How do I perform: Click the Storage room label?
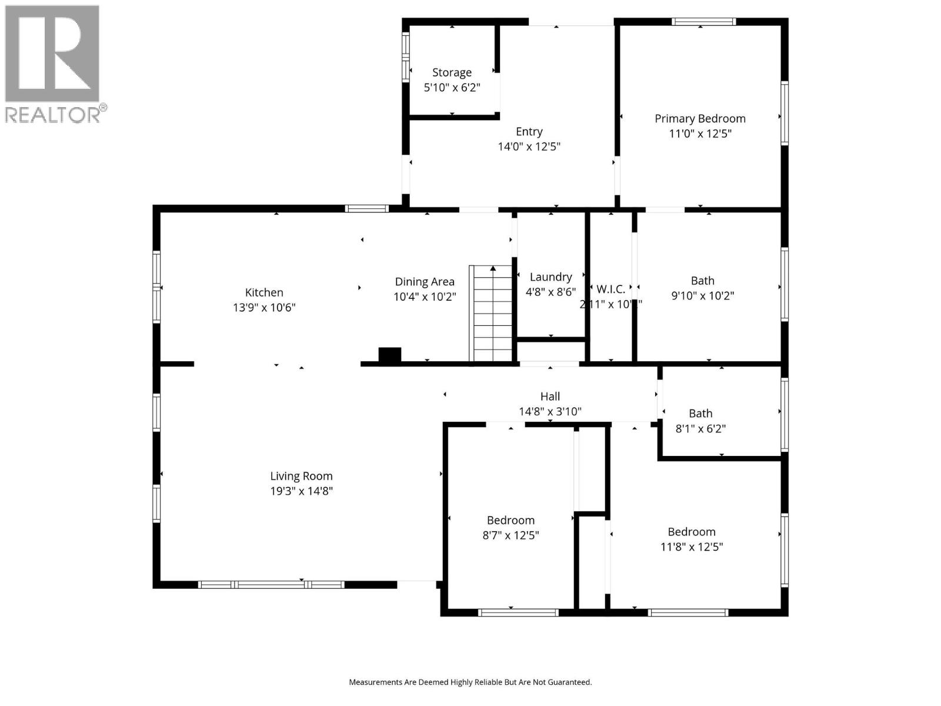pos(452,72)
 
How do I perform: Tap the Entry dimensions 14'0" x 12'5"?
pos(529,146)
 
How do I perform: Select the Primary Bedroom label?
pos(700,118)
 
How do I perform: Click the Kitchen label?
pos(264,292)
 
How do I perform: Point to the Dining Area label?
pos(424,282)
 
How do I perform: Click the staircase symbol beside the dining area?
pos(491,313)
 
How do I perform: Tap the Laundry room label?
pos(550,277)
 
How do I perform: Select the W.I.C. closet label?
pos(610,289)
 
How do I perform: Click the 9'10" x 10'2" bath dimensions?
pos(702,295)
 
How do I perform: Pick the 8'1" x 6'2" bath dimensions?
pos(700,429)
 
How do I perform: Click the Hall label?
pos(550,397)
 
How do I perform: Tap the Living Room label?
pos(301,476)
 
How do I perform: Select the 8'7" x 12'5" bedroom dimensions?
pos(510,535)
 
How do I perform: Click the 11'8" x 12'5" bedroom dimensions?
pos(691,547)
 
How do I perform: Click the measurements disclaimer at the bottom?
pos(470,682)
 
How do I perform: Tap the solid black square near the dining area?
pos(389,355)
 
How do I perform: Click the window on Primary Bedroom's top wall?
pos(703,22)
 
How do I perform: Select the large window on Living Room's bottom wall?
pos(271,584)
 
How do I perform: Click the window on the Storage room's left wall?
pos(406,56)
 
